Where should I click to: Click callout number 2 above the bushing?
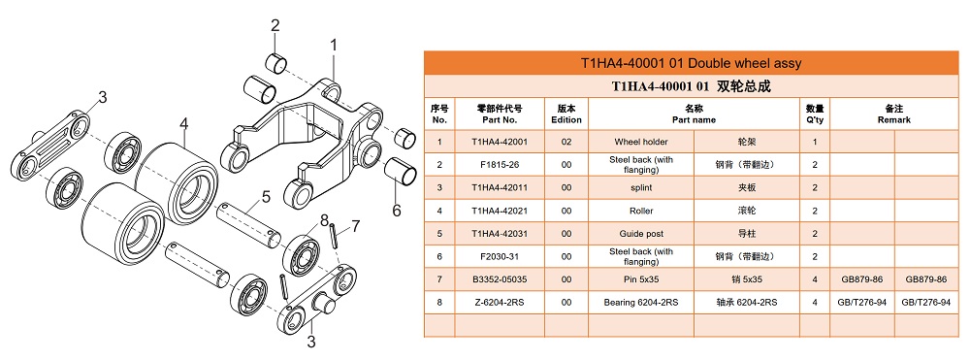tap(275, 25)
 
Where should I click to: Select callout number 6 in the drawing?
tap(396, 210)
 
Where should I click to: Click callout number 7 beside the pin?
tap(355, 227)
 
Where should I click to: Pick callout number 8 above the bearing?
tap(325, 219)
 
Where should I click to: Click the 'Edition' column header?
tap(566, 114)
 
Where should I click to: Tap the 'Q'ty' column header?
tap(815, 114)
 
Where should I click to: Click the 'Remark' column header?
tap(894, 114)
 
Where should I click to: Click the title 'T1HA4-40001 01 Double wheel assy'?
tap(691, 63)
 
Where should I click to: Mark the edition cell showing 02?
tap(566, 142)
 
